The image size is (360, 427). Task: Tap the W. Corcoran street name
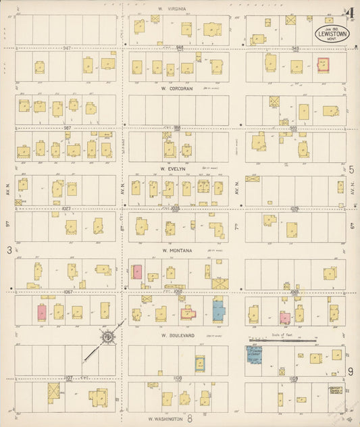[x=177, y=87]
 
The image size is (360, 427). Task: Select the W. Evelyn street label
[x=172, y=168]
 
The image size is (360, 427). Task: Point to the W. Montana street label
[x=178, y=250]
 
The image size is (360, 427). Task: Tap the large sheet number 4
[x=349, y=13]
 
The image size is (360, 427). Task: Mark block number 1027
[x=67, y=209]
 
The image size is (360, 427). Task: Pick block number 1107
[x=68, y=378]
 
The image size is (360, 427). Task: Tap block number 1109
[x=293, y=379]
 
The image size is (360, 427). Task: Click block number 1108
[x=178, y=378]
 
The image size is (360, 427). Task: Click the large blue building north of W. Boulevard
[x=218, y=310]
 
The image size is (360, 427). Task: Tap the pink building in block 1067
[x=42, y=313]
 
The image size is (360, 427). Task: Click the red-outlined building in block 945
[x=323, y=65]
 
